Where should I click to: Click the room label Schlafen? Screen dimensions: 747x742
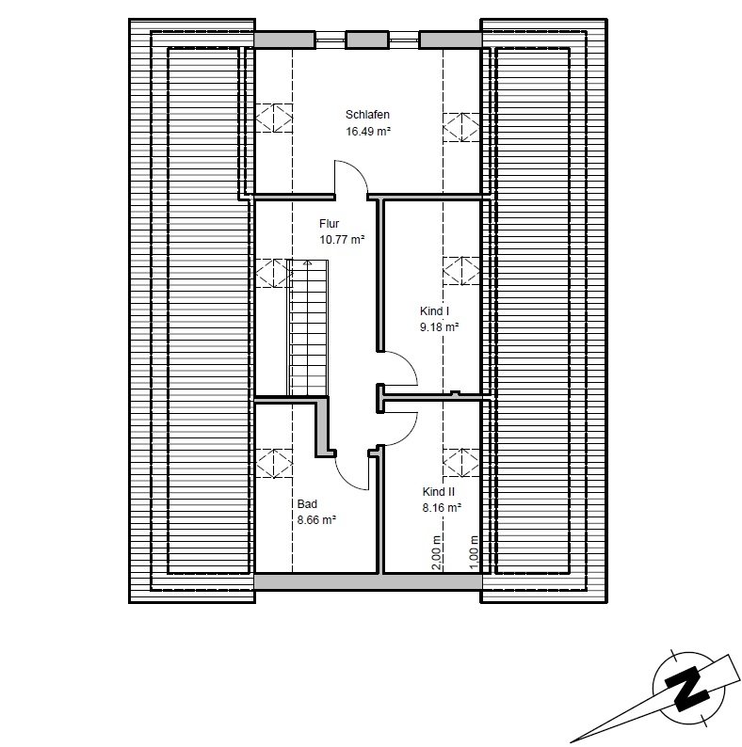[x=368, y=116]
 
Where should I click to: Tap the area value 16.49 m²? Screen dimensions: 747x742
[x=368, y=132]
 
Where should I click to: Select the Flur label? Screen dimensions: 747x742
[x=329, y=224]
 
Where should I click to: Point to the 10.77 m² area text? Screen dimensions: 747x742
[x=342, y=240]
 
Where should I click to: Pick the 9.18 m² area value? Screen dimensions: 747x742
[x=439, y=327]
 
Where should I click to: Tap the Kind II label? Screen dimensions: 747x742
[x=439, y=492]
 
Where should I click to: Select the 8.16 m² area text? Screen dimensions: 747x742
[x=442, y=508]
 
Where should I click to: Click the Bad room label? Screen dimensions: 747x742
[x=307, y=503]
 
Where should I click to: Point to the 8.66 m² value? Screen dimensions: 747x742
[x=317, y=519]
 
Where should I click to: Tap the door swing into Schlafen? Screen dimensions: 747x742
[x=352, y=179]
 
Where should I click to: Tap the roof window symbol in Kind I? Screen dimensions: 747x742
[x=460, y=271]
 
